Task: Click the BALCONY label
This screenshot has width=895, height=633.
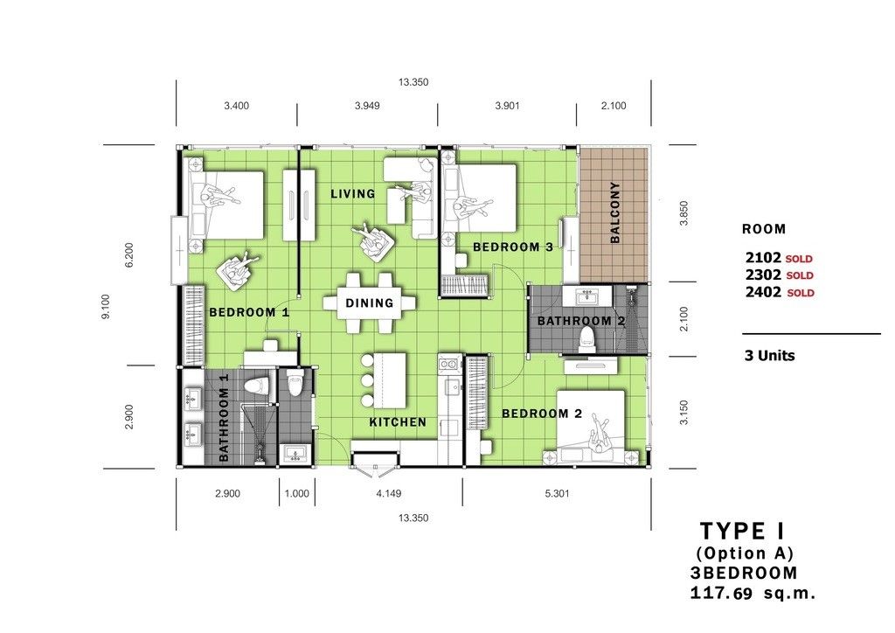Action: pyautogui.click(x=614, y=212)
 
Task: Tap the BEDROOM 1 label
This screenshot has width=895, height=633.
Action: pyautogui.click(x=249, y=312)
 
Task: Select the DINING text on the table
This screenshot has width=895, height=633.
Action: pyautogui.click(x=370, y=303)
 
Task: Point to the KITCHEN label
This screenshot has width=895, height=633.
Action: pyautogui.click(x=398, y=421)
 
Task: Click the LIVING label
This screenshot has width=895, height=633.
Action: pyautogui.click(x=353, y=193)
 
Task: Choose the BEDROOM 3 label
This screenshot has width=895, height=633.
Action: pyautogui.click(x=512, y=247)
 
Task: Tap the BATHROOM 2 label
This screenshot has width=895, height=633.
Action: pyautogui.click(x=581, y=321)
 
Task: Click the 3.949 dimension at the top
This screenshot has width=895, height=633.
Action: pyautogui.click(x=367, y=106)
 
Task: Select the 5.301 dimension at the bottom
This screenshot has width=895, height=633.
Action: pyautogui.click(x=557, y=493)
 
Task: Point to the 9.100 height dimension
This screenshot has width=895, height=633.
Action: pyautogui.click(x=106, y=307)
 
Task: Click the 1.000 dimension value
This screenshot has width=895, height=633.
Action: pyautogui.click(x=297, y=493)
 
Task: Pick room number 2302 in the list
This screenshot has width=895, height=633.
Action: pyautogui.click(x=763, y=275)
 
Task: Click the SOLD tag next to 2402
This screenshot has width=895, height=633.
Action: pyautogui.click(x=801, y=293)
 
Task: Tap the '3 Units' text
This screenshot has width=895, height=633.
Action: pyautogui.click(x=769, y=356)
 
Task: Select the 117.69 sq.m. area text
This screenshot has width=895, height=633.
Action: pyautogui.click(x=753, y=593)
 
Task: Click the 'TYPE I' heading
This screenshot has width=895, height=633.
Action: pyautogui.click(x=743, y=532)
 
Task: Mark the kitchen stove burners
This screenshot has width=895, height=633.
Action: pyautogui.click(x=450, y=362)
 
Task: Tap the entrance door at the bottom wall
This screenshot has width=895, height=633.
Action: pyautogui.click(x=374, y=461)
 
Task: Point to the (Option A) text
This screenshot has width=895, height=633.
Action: pyautogui.click(x=745, y=553)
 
